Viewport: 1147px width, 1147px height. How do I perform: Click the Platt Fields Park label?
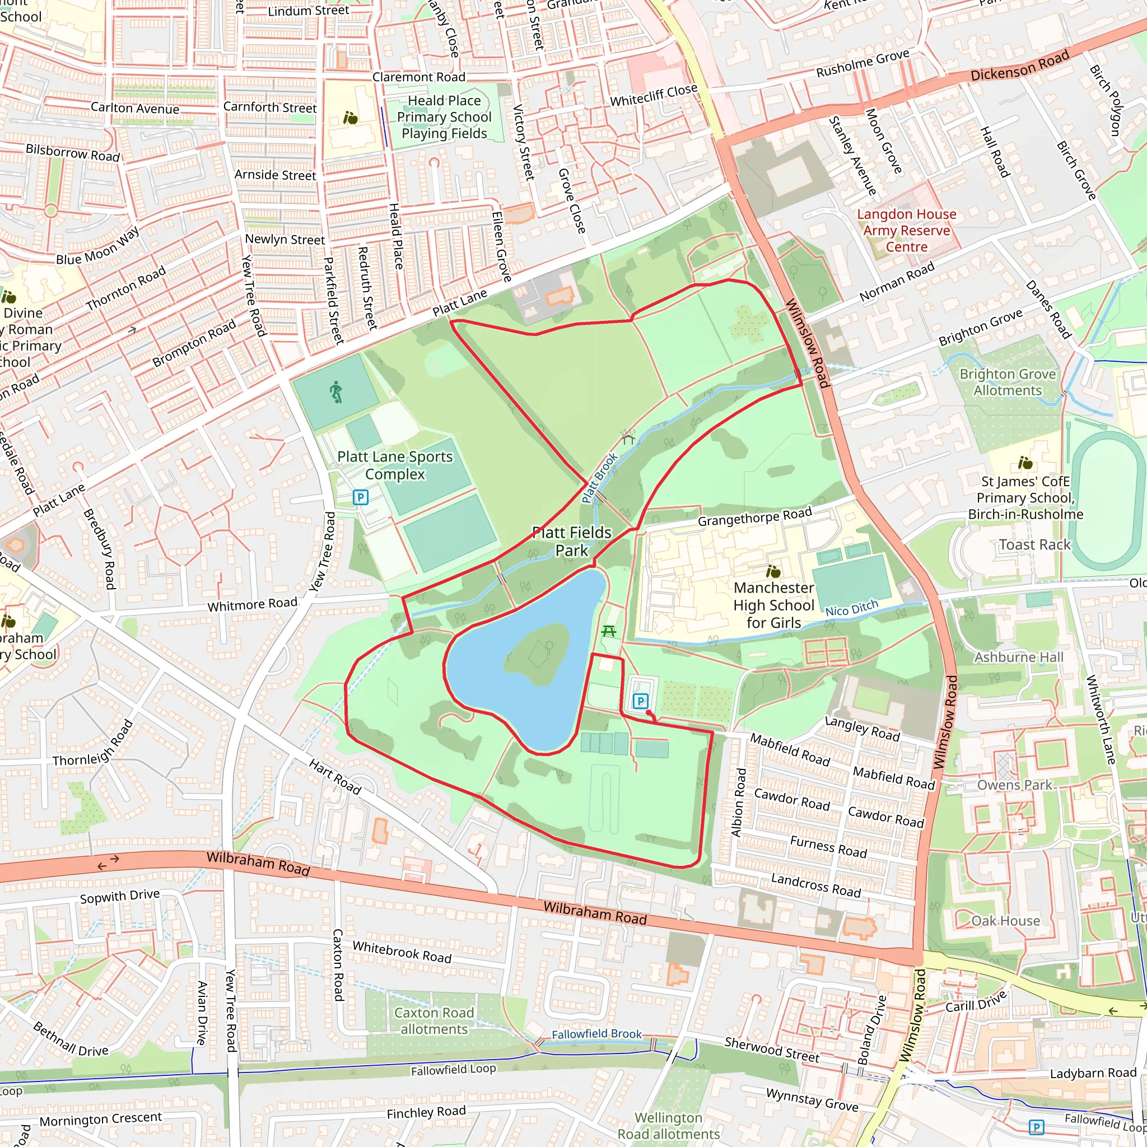[571, 542]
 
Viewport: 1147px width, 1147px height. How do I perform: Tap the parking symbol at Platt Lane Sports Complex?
[360, 497]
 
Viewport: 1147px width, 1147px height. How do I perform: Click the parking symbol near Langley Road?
[640, 701]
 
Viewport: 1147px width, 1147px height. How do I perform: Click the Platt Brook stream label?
[600, 478]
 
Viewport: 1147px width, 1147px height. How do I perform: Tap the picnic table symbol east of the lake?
[609, 631]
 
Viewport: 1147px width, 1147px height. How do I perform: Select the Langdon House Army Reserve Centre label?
[906, 230]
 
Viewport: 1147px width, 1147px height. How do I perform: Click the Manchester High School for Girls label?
[773, 605]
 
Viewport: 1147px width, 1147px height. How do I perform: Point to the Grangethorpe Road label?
[754, 517]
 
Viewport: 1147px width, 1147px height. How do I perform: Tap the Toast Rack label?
[1034, 544]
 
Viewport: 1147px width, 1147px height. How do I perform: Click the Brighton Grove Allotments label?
[1008, 383]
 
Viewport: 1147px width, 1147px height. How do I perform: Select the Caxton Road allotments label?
[434, 1020]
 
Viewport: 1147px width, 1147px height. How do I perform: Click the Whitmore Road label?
[253, 604]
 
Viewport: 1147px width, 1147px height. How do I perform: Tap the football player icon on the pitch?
[336, 393]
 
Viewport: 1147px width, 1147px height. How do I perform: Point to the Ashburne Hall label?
[1018, 657]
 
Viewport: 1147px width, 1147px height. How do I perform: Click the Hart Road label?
[335, 776]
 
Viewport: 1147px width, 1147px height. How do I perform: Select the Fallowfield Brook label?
[596, 1034]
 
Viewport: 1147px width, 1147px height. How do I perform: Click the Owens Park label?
[1015, 785]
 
